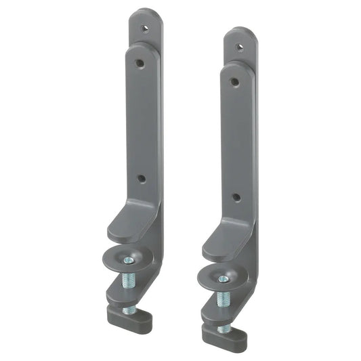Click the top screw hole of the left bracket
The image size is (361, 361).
[x=144, y=30]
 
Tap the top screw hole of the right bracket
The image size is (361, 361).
[x=238, y=48]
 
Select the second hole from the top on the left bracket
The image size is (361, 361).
[x=139, y=62]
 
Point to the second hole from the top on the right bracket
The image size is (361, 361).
[x=234, y=82]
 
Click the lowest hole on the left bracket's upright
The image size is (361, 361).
[x=141, y=179]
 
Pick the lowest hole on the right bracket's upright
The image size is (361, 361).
[x=236, y=197]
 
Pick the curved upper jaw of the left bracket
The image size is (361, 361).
[x=129, y=224]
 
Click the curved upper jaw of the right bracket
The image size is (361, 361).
[x=224, y=242]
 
